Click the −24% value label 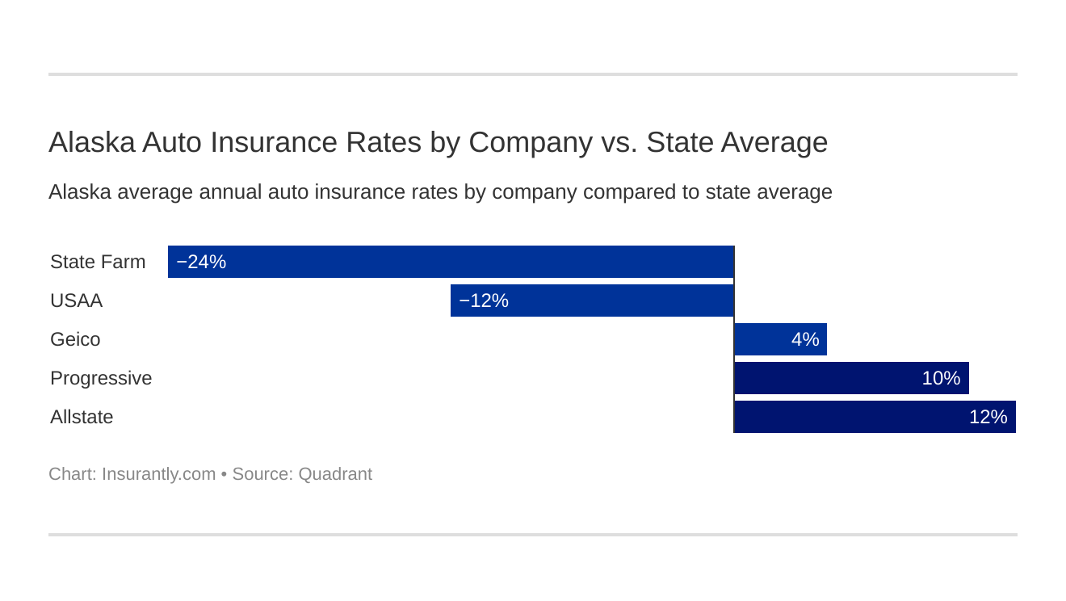tap(201, 262)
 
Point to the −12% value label tap(484, 300)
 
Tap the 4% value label tap(805, 339)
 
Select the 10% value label tap(941, 378)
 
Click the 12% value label tap(988, 417)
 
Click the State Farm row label tap(98, 262)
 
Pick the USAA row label tap(76, 300)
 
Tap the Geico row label tap(75, 339)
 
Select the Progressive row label tap(101, 378)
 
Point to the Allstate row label tap(82, 417)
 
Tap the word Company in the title tap(530, 142)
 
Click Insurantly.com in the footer tap(158, 474)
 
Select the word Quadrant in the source tap(335, 474)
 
